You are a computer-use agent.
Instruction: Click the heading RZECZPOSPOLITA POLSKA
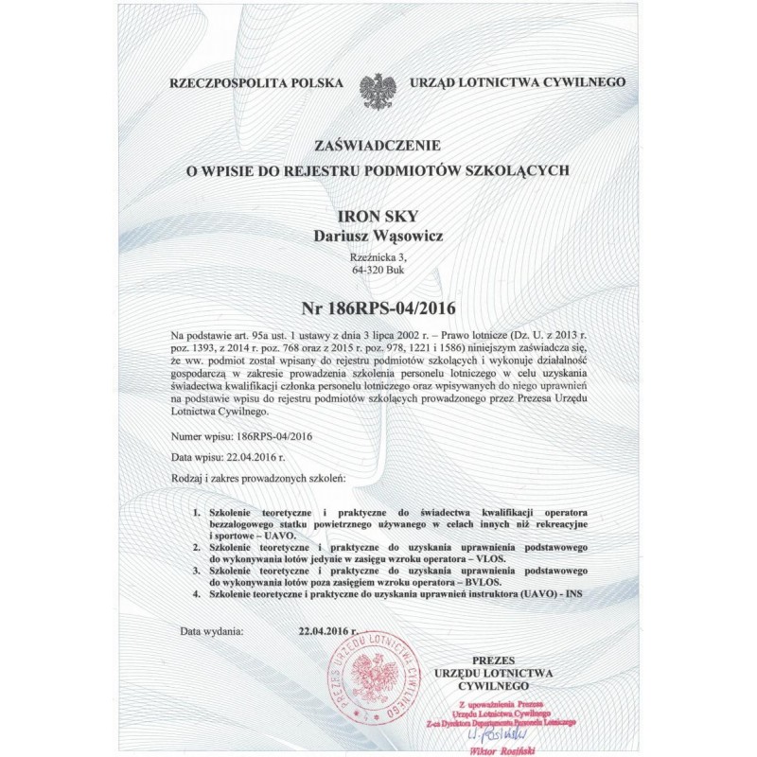click(255, 84)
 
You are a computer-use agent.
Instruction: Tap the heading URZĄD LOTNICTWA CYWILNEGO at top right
click(517, 84)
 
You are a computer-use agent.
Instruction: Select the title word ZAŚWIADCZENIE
click(378, 146)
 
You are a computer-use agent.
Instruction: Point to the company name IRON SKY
click(378, 217)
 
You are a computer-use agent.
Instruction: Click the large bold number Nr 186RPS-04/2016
click(378, 308)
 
